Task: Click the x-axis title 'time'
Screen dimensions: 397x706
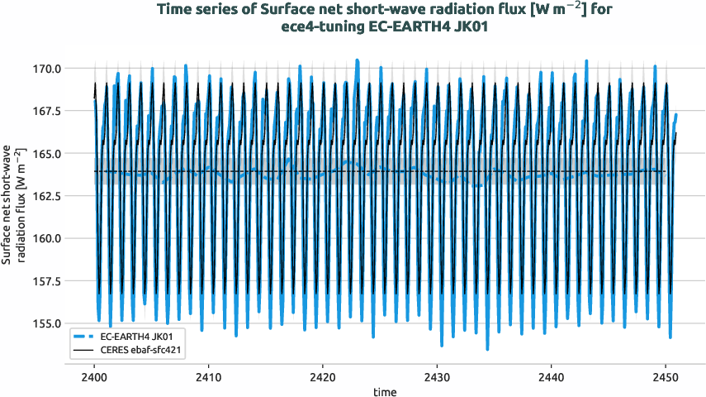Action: click(382, 390)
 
